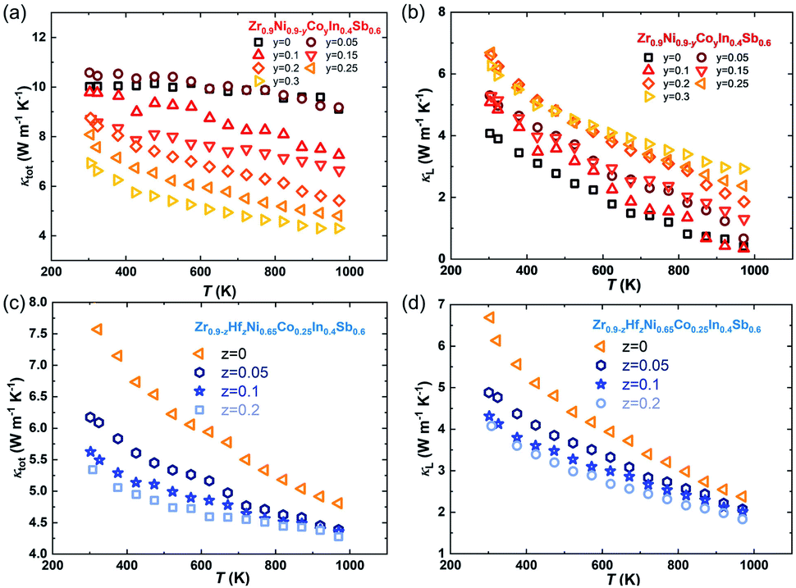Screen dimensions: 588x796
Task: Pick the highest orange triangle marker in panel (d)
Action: point(489,317)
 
